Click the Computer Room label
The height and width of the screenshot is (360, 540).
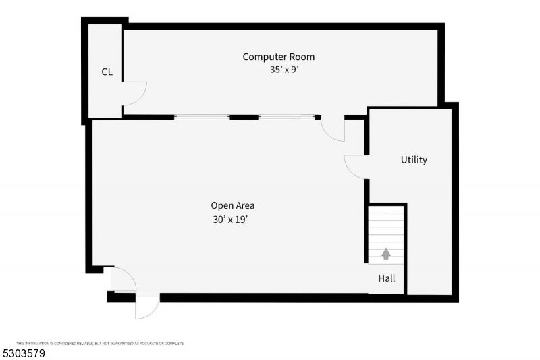click(x=278, y=57)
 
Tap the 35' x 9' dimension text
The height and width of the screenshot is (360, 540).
click(x=283, y=69)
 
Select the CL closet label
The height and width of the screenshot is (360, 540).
click(x=107, y=72)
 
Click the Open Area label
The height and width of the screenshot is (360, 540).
click(x=233, y=205)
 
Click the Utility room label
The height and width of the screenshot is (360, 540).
click(x=414, y=160)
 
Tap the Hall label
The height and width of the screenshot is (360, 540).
click(x=387, y=278)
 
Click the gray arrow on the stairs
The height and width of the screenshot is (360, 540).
click(x=386, y=254)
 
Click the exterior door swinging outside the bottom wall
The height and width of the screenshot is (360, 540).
click(x=146, y=307)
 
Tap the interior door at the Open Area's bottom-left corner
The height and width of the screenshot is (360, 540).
click(x=124, y=279)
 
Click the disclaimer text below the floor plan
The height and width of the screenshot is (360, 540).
click(x=100, y=344)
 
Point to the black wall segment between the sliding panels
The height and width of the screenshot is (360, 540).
click(x=244, y=118)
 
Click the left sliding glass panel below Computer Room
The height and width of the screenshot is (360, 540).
click(x=202, y=118)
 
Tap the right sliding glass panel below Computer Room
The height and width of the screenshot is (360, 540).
click(x=286, y=118)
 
